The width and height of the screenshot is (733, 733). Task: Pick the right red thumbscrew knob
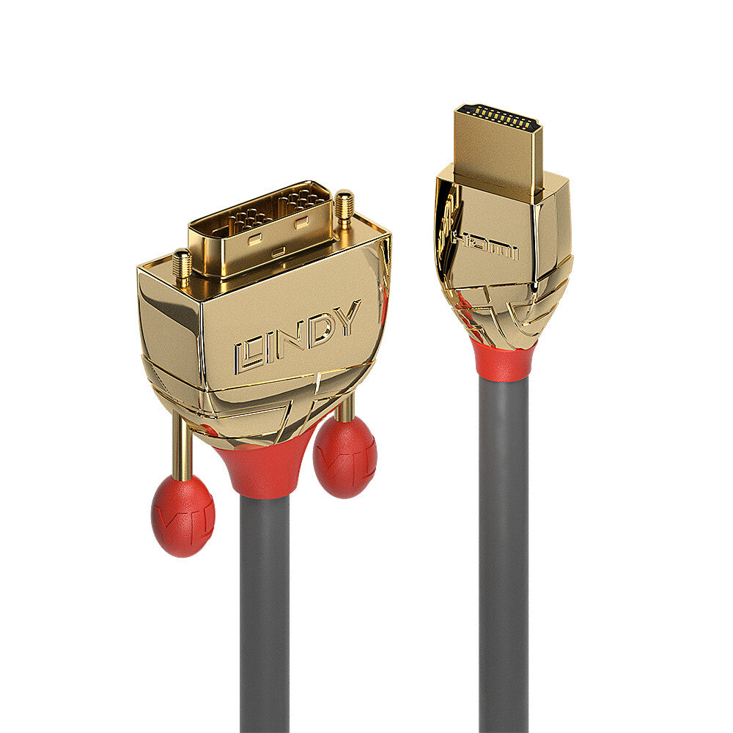point(345,457)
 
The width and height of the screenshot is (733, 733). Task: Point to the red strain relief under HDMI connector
point(504,360)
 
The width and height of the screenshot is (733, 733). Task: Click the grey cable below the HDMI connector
point(504,550)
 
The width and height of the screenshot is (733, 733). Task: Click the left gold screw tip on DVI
point(182,265)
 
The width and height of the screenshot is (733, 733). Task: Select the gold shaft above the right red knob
point(345,407)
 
